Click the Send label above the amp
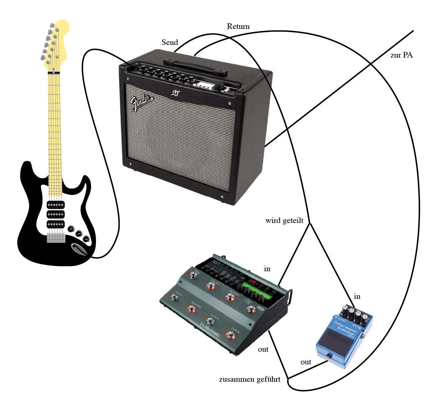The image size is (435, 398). point(170,43)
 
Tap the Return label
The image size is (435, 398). point(238,26)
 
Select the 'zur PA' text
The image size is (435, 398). point(401,55)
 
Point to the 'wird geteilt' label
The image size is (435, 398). point(284,221)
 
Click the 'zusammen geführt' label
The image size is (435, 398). point(250,379)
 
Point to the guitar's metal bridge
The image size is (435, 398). point(56,238)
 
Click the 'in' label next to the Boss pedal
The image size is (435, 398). point(357,297)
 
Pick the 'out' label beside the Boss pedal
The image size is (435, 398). point(306,362)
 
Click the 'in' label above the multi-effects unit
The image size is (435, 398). point(267,269)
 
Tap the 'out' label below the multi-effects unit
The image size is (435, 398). point(263,349)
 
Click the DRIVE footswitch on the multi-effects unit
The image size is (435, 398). point(229,334)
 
